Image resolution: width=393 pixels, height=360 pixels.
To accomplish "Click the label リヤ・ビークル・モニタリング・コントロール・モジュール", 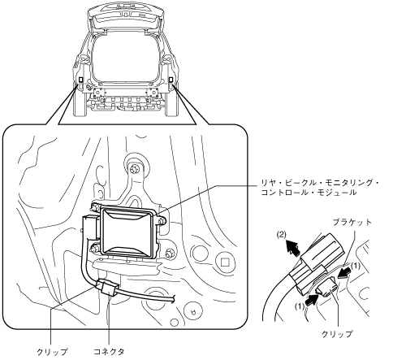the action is point(319,188).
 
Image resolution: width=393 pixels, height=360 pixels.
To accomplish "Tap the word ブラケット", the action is point(352,223).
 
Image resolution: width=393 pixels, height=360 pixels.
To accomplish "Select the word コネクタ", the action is point(109,352).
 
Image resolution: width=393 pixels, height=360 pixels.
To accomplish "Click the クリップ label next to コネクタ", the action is point(52,352).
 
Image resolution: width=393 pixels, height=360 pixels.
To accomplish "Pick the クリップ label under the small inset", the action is point(337,334).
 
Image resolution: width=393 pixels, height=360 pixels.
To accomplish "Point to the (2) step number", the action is point(282,235).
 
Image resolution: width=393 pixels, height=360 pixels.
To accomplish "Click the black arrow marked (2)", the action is point(293,247).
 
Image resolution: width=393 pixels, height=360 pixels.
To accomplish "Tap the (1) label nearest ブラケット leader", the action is point(356,267).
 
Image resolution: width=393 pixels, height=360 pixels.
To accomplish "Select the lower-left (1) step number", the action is point(300,306).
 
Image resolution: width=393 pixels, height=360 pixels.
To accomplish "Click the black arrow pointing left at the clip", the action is point(343,273).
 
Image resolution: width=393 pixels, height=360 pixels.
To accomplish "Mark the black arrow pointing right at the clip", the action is point(311,299).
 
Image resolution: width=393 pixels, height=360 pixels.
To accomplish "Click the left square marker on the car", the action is point(81,80).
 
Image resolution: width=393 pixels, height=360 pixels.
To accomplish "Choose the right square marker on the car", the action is point(171,79).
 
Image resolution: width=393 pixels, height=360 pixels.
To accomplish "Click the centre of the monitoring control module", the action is point(128,231).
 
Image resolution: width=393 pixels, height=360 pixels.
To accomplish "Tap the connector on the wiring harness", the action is point(107,287).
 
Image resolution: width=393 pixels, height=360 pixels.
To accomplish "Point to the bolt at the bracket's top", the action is point(133,170).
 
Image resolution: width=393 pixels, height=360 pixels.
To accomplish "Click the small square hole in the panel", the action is point(224,262).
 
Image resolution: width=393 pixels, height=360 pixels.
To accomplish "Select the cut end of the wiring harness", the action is point(173,299).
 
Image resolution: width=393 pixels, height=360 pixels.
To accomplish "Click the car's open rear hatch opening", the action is point(125,59).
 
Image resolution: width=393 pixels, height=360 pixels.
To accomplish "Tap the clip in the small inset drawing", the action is point(327,289).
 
